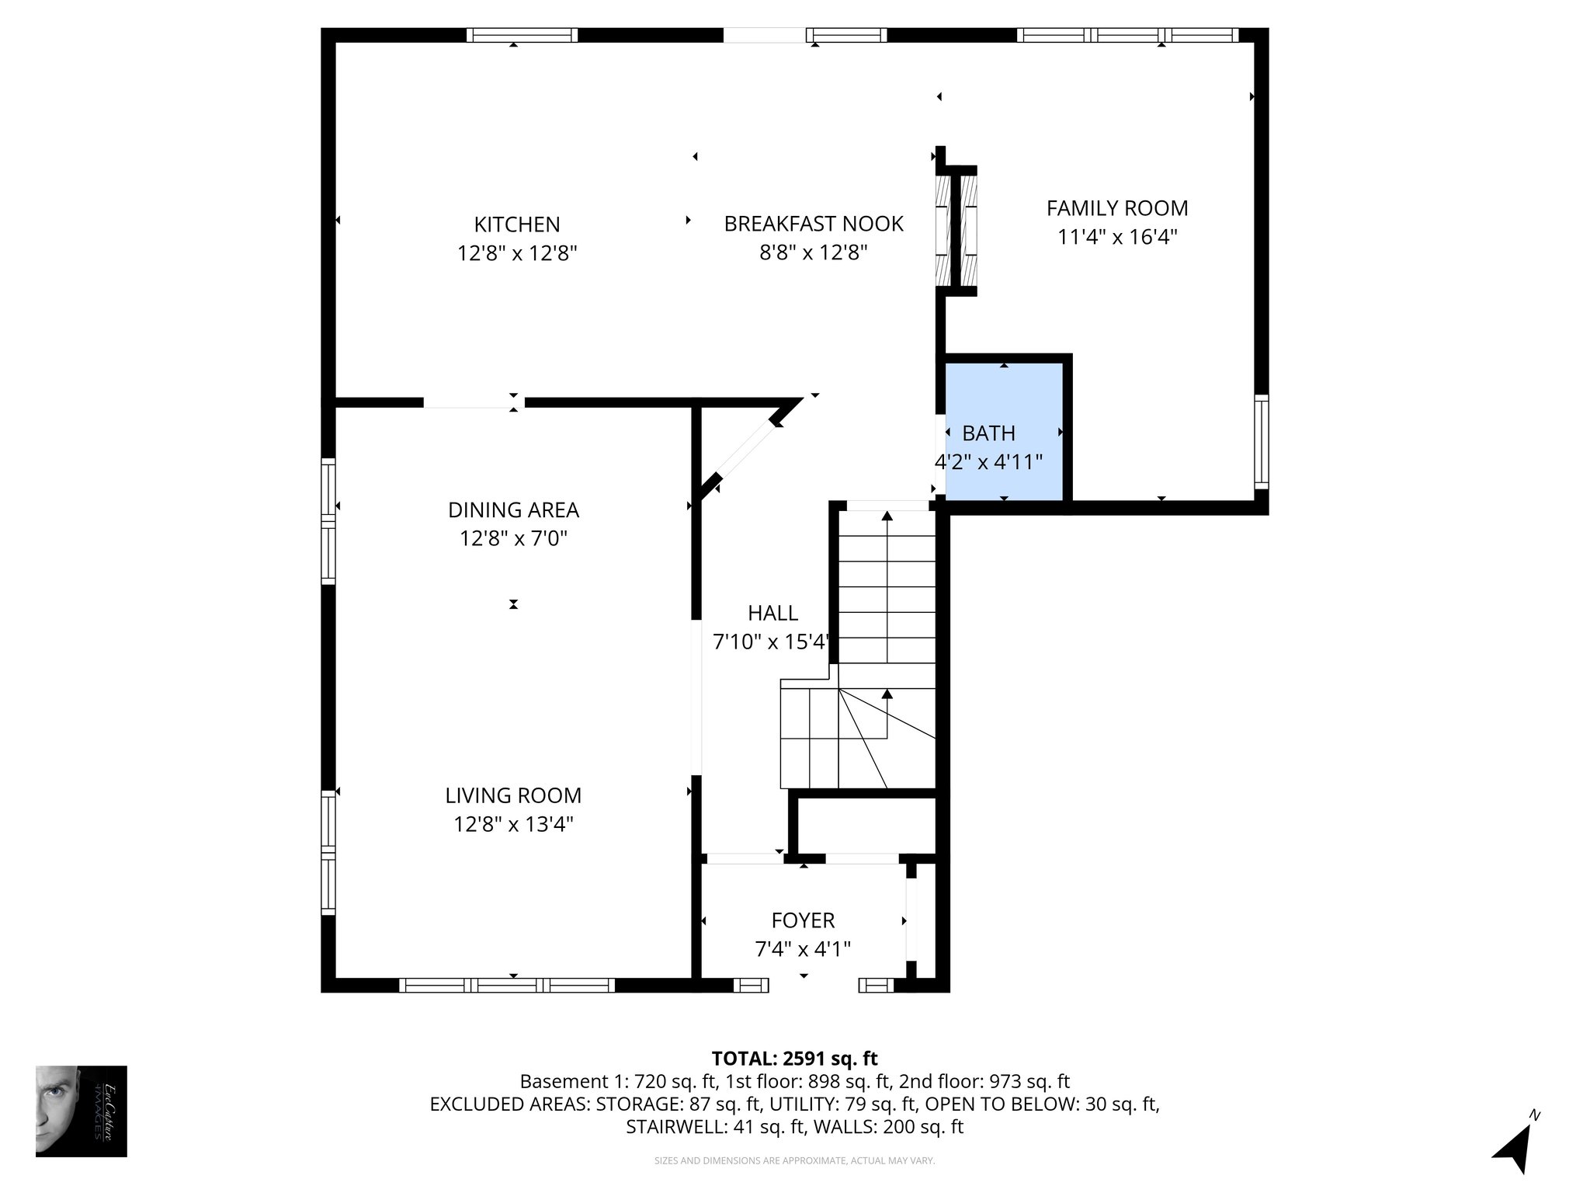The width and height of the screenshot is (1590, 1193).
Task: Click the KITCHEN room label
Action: (x=517, y=224)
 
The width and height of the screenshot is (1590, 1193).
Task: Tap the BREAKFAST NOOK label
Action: (x=814, y=224)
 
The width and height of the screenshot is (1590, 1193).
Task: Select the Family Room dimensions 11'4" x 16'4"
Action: (x=1117, y=237)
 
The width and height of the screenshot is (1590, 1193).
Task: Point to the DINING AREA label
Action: (x=513, y=510)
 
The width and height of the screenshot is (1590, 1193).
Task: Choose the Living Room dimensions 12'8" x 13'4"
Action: (x=513, y=824)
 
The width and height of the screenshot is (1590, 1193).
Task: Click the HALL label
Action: (x=772, y=614)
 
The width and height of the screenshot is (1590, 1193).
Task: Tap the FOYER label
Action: (x=803, y=920)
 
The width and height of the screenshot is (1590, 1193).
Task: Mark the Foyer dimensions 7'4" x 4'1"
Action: (x=803, y=949)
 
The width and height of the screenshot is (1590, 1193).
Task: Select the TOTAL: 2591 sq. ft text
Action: (x=794, y=1059)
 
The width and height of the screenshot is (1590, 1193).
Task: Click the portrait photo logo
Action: (x=81, y=1111)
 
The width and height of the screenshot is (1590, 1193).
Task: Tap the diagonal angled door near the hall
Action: (x=745, y=452)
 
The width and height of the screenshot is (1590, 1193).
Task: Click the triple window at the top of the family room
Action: (x=1127, y=35)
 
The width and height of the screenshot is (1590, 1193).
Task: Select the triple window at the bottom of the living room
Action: (x=507, y=986)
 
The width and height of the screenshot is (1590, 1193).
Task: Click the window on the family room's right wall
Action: (x=1262, y=441)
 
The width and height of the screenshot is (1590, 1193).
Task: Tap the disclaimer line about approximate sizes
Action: (x=794, y=1161)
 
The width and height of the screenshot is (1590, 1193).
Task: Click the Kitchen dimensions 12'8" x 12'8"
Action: (x=517, y=253)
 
